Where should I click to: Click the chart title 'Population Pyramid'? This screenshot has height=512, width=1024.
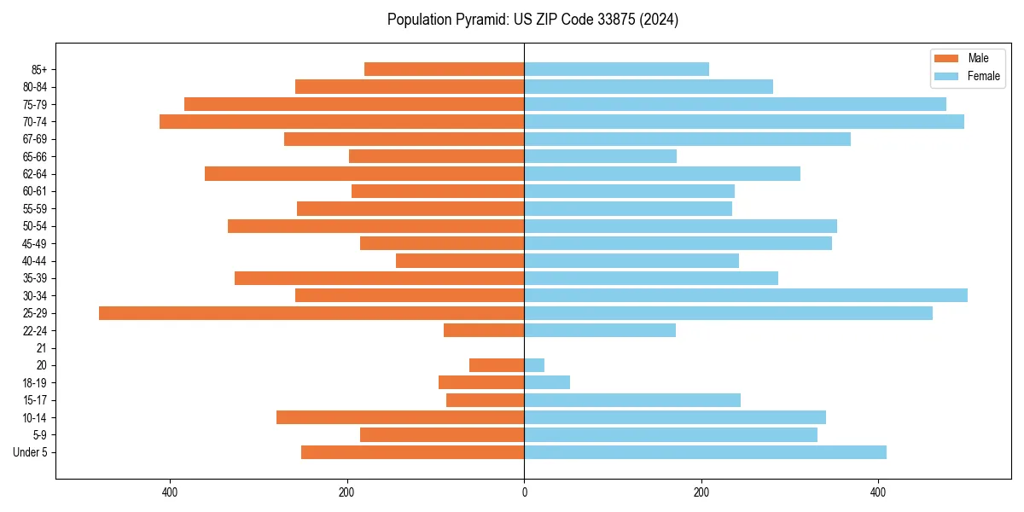click(532, 20)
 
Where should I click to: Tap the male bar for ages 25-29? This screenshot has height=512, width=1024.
click(311, 313)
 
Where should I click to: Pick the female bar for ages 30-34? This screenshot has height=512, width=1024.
click(746, 295)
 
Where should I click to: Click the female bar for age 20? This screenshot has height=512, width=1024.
click(534, 365)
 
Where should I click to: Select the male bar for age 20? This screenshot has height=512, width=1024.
click(497, 365)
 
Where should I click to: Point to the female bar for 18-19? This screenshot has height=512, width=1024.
click(547, 382)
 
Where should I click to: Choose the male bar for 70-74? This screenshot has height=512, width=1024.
click(341, 121)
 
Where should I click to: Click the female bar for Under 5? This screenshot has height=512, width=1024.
click(705, 452)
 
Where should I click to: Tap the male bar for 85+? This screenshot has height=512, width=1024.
click(444, 69)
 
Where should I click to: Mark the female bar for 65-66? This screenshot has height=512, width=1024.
click(600, 156)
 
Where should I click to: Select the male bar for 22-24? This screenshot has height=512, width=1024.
click(484, 330)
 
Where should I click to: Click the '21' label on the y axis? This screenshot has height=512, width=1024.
click(41, 348)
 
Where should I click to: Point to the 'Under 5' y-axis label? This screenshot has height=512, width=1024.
click(30, 452)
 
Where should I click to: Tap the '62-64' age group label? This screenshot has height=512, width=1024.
click(34, 174)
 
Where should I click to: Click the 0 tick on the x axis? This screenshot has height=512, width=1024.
click(524, 492)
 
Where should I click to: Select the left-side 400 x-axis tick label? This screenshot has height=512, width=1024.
click(169, 492)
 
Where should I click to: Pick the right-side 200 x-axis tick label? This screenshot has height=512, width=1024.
click(701, 492)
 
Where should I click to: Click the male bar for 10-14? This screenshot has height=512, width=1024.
click(400, 417)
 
